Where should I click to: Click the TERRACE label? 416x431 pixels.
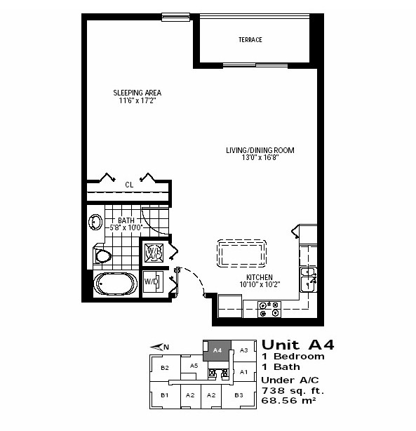coord(250,40)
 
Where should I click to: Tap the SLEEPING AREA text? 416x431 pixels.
coord(137,93)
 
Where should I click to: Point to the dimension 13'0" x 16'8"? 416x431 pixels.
coord(260,157)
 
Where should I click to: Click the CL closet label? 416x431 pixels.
coord(129,185)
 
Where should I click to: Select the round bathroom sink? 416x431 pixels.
coord(95,222)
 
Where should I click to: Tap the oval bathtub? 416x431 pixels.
coord(116,284)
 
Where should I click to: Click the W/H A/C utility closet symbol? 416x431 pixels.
coord(154,253)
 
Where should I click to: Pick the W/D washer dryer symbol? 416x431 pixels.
coord(153,281)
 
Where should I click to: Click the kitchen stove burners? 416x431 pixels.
coord(269,310)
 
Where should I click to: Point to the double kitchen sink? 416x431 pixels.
coord(308,279)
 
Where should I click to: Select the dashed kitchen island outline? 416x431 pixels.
coord(241,253)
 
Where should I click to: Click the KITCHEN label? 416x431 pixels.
coord(260,277)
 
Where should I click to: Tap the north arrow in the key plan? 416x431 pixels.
coord(159,347)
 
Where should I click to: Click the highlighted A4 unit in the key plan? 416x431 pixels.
coord(217,350)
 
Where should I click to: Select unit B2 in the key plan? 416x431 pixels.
coord(165,368)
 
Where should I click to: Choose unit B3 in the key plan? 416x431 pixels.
coord(239,395)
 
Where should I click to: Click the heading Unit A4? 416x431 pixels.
coord(298,345)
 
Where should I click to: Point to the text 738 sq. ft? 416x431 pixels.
coord(293,390)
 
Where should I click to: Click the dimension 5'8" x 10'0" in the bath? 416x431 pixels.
coord(126,227)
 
